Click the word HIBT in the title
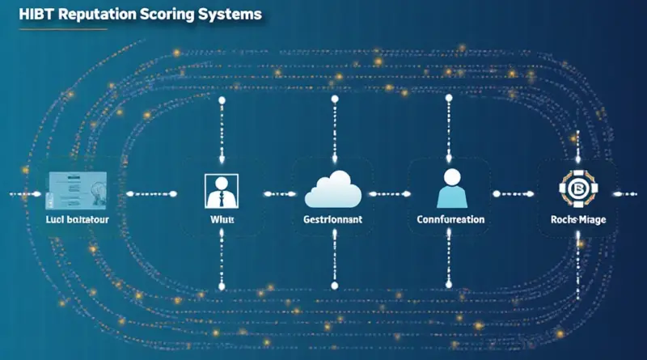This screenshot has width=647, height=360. point(27,15)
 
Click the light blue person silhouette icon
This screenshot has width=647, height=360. point(450,188)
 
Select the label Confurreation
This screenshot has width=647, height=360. point(450,219)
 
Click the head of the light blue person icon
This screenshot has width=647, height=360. point(450,176)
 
